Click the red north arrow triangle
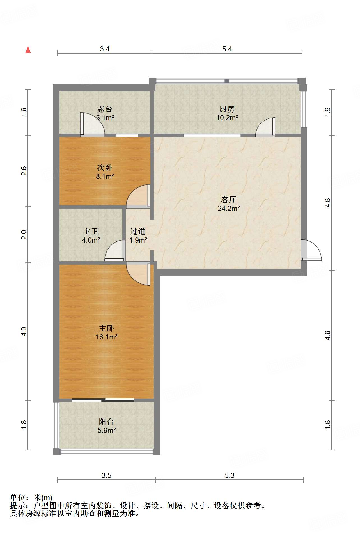[28, 50]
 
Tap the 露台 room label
[105, 109]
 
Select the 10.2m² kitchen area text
[227, 118]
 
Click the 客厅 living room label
[228, 200]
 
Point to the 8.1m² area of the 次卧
[105, 177]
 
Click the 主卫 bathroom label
[91, 231]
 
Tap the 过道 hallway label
[138, 231]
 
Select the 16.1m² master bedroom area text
[106, 337]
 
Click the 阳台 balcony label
[106, 422]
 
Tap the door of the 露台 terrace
[93, 124]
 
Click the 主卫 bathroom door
[115, 251]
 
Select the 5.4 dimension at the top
[227, 49]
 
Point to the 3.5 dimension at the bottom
[106, 475]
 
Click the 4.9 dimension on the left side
[24, 331]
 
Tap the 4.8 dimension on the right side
[327, 203]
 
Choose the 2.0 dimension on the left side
[24, 235]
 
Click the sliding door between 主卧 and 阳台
[103, 400]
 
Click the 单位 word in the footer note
[18, 497]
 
